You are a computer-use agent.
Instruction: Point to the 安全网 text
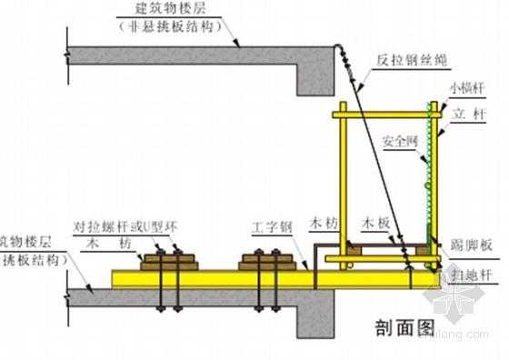point(399,142)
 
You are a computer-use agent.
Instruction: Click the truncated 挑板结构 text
point(31,260)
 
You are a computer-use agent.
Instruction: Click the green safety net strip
point(430,173)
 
